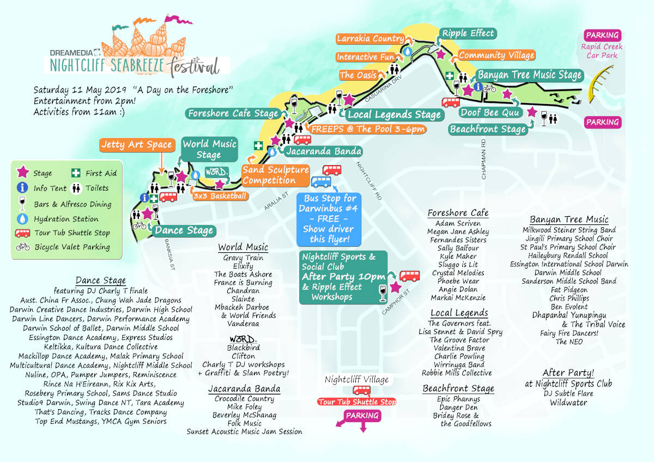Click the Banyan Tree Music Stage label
point(530,75)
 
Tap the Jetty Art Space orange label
point(137,145)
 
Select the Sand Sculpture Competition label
point(275,175)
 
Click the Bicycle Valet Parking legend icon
point(23,247)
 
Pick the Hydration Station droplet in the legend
point(23,218)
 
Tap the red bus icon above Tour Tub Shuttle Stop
point(361,390)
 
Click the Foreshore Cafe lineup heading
point(458,212)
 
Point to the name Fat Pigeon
point(570,290)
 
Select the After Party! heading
point(568,373)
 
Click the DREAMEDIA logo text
point(71,53)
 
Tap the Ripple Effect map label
point(468,34)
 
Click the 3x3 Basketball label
point(220,196)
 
